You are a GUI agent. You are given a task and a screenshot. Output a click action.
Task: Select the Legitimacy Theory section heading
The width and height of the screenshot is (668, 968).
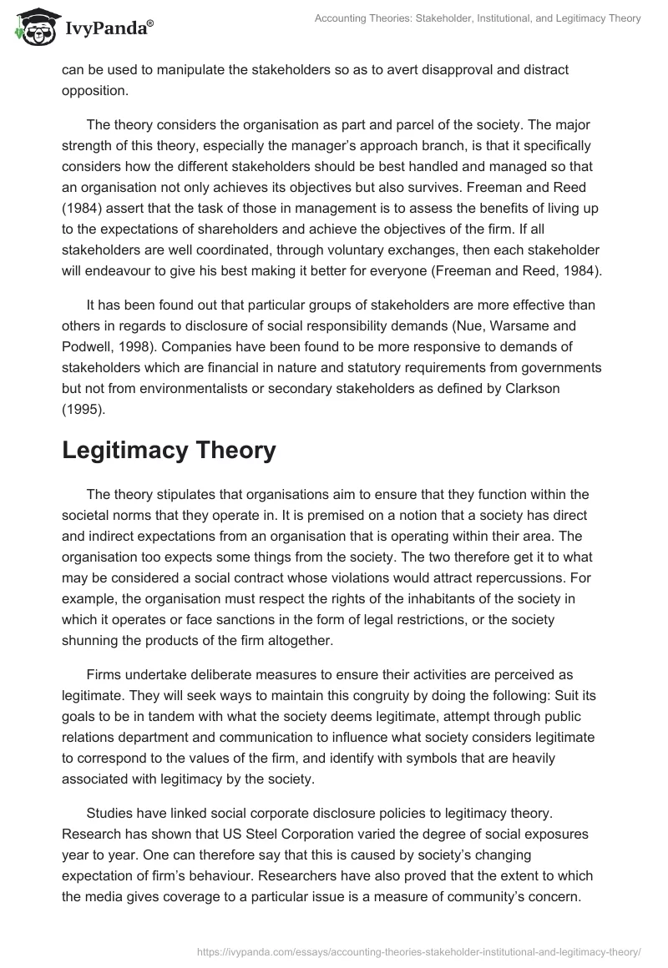[x=168, y=451]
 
